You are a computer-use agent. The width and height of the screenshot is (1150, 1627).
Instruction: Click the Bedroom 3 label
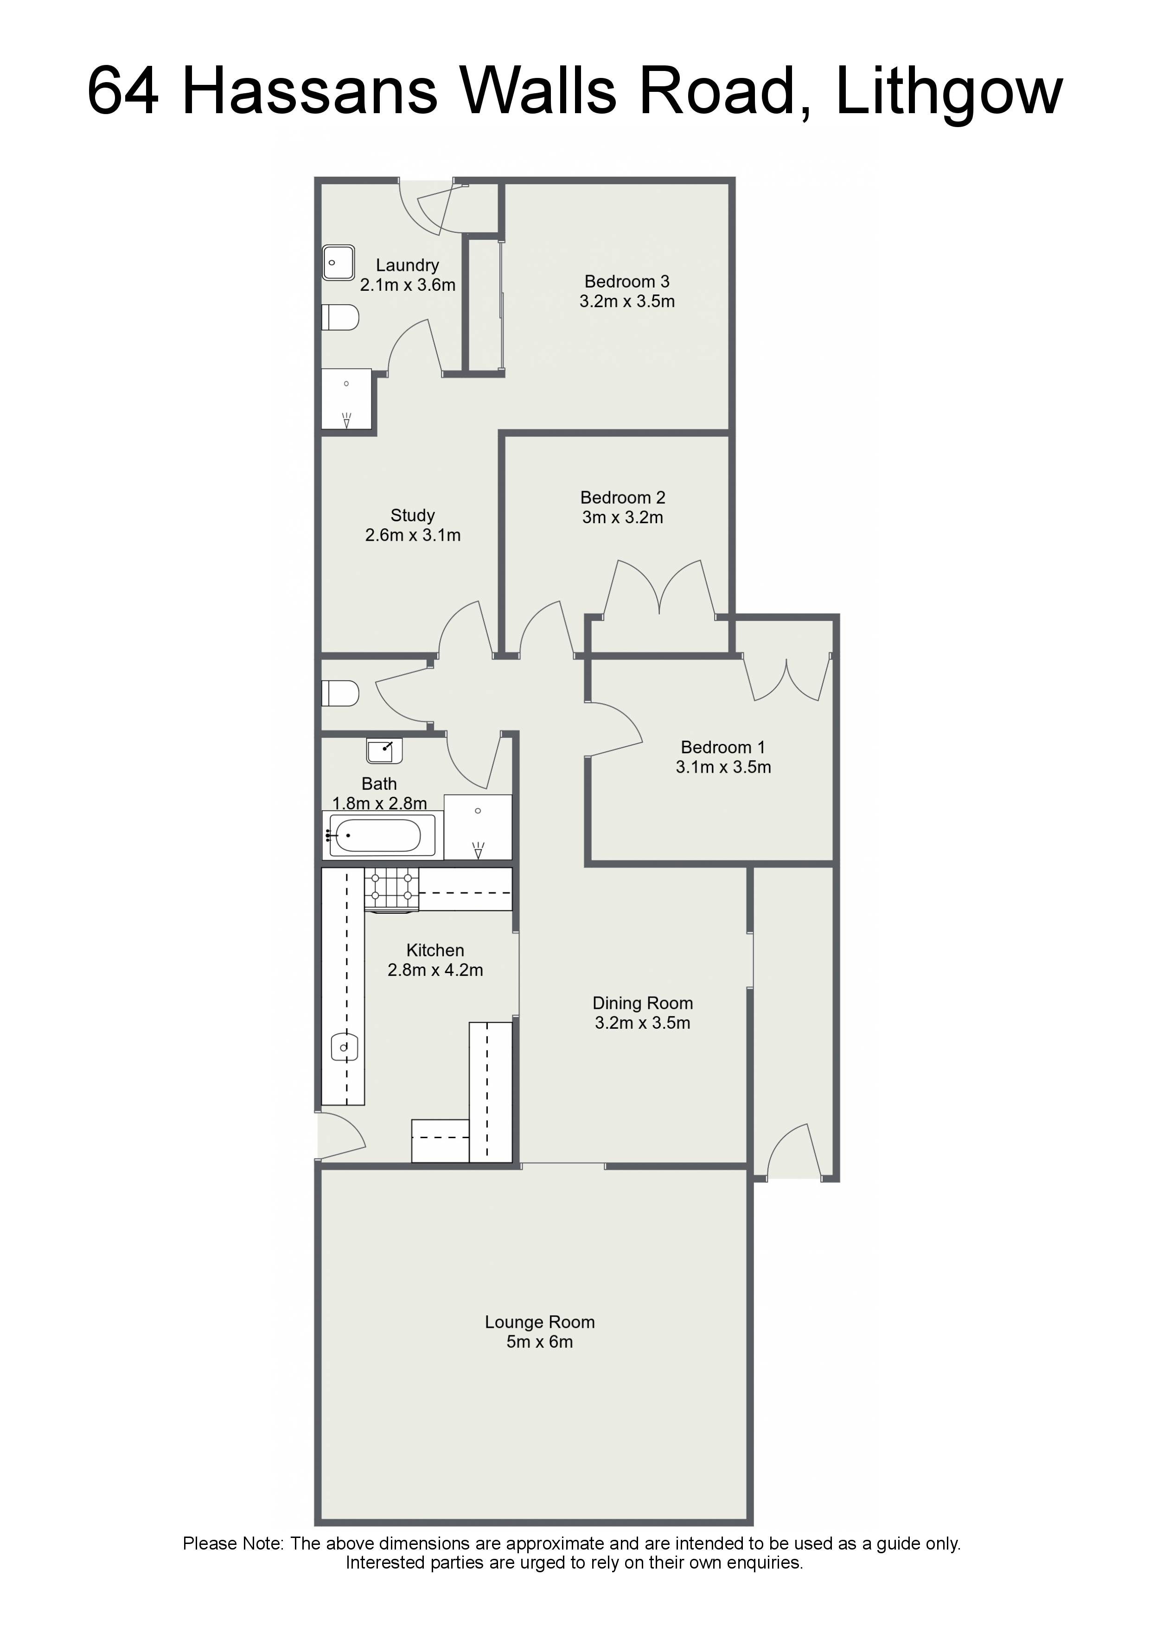click(627, 282)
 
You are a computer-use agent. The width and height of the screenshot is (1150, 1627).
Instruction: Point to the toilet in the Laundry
click(340, 317)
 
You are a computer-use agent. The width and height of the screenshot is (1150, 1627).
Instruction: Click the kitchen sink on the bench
click(344, 1047)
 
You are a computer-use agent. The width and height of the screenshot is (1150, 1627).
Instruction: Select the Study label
click(412, 515)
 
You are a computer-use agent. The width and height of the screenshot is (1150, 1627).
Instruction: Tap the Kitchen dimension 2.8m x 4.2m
click(435, 970)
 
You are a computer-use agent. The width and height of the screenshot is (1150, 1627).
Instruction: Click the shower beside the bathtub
click(478, 827)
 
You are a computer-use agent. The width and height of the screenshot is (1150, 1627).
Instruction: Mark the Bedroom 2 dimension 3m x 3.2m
click(623, 517)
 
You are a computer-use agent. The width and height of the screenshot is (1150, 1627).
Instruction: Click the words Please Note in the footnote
click(234, 1544)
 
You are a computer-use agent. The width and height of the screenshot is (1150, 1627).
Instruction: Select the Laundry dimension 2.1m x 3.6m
click(408, 285)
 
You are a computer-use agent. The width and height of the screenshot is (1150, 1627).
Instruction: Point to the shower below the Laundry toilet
click(346, 398)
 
